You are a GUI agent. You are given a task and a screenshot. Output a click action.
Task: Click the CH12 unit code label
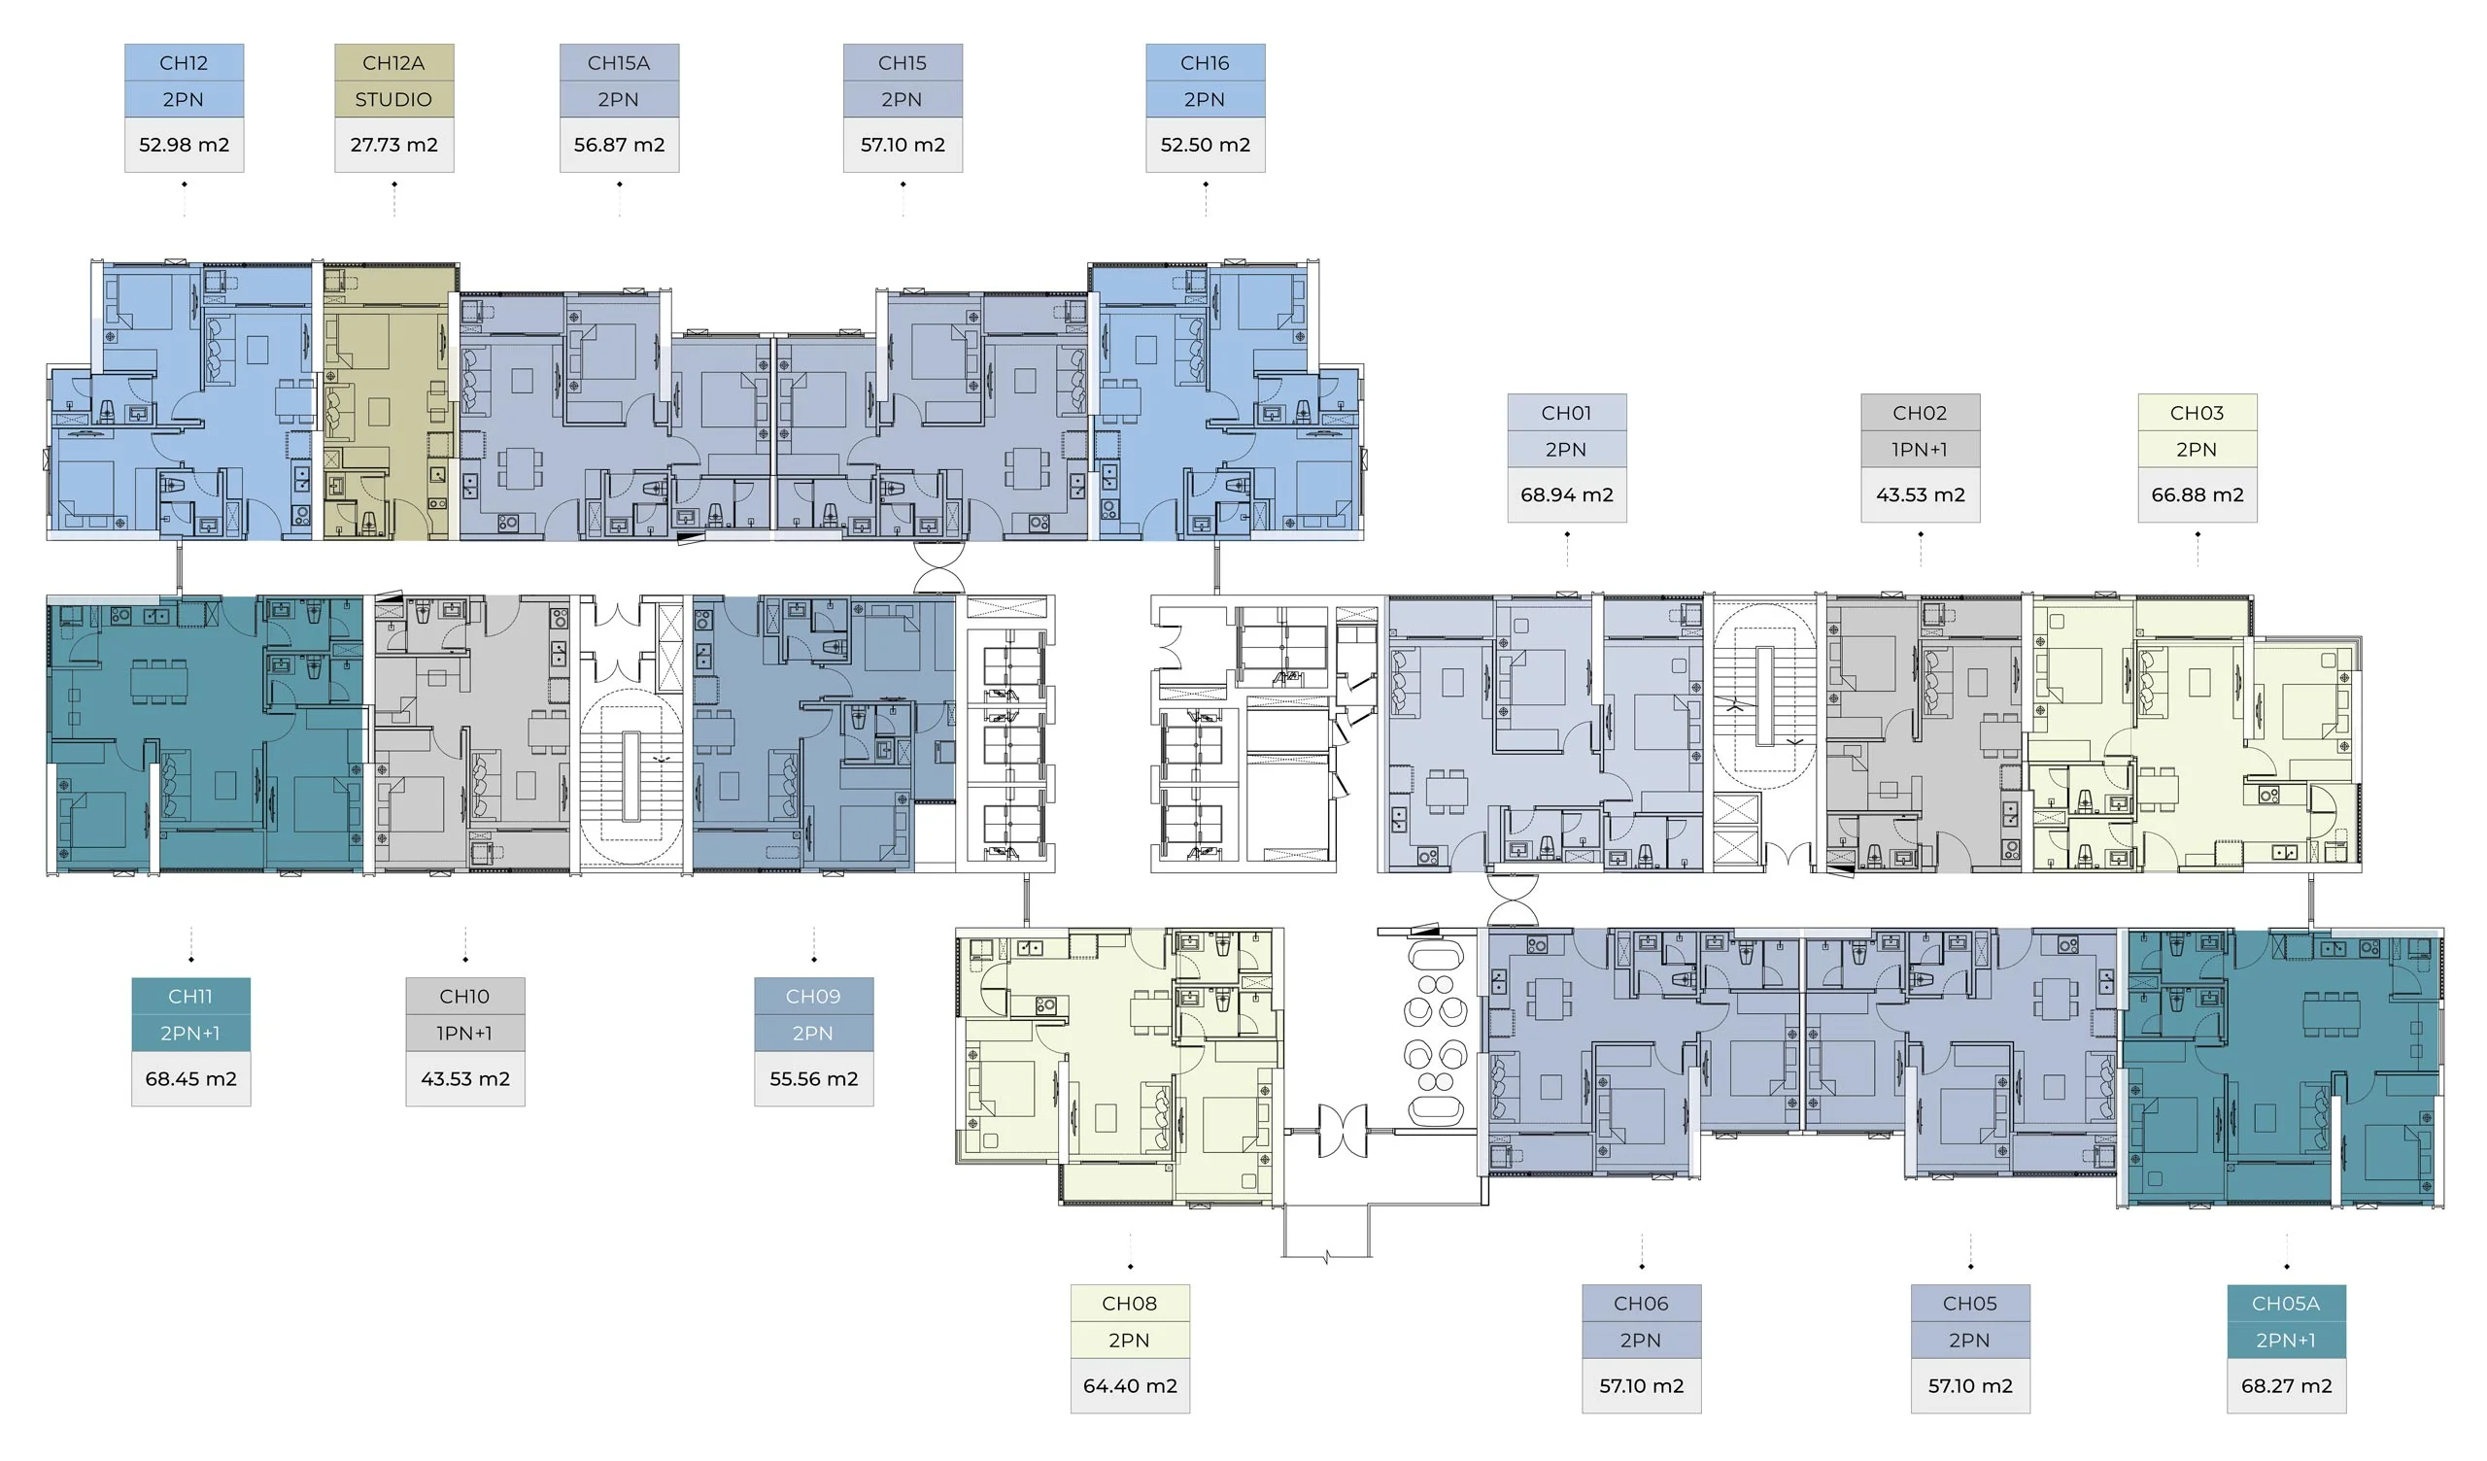point(184,63)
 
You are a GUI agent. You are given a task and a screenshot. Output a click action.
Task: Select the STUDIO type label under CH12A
point(393,100)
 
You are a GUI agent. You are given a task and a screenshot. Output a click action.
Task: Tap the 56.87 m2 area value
point(620,145)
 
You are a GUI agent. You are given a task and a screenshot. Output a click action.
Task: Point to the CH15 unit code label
point(903,63)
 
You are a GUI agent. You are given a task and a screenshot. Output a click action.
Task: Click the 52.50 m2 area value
point(1206,145)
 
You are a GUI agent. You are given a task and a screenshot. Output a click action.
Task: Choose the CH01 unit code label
point(1567,414)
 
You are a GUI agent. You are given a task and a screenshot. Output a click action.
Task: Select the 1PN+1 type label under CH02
point(1921,450)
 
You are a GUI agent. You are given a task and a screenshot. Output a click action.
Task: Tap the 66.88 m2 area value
point(2197,495)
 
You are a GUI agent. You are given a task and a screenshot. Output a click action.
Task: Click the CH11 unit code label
point(190,997)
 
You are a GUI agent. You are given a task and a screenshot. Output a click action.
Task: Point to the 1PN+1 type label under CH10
point(464,1034)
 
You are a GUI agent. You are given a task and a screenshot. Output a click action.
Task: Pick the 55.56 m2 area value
point(814,1079)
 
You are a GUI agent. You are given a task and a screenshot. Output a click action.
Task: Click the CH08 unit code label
point(1130,1304)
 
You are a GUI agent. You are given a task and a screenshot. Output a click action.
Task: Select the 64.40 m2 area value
point(1130,1386)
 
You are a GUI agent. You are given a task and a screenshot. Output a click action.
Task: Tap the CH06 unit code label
point(1641,1304)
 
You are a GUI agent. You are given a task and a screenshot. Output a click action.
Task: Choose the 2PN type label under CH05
point(1970,1341)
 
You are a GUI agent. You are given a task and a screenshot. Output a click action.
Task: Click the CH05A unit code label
point(2287,1304)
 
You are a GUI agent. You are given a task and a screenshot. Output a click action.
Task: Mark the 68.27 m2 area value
point(2287,1386)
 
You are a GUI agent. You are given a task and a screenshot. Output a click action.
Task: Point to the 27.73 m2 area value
point(393,145)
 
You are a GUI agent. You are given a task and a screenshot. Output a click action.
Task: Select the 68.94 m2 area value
point(1567,495)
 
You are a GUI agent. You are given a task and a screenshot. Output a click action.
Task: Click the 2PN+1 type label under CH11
point(190,1034)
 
